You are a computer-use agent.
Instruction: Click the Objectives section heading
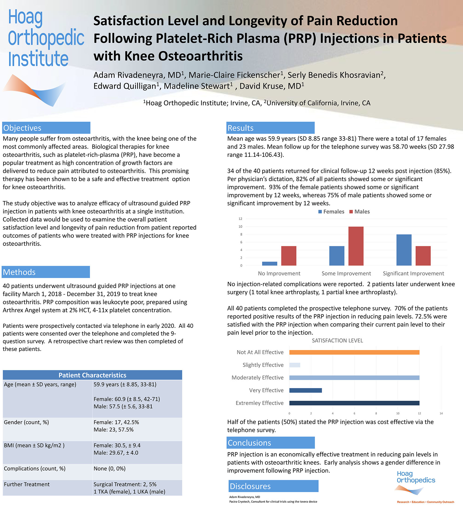(22, 128)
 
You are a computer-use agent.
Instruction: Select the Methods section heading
(19, 272)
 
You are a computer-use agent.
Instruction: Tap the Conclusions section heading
(249, 443)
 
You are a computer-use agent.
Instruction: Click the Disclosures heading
(250, 486)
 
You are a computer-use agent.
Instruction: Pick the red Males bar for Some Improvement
(356, 246)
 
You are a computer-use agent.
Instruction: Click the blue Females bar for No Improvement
(270, 264)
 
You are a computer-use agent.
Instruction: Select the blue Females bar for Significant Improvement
(404, 250)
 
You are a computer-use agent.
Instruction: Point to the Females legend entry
(331, 212)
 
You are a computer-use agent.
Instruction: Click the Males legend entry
(359, 212)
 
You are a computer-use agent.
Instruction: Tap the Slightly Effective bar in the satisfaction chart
(295, 365)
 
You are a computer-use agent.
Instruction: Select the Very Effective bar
(306, 390)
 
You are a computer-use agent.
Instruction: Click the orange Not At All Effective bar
(354, 352)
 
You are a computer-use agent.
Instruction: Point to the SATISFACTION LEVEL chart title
(337, 341)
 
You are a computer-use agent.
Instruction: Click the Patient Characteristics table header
(92, 375)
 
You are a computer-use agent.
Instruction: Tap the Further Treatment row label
(27, 484)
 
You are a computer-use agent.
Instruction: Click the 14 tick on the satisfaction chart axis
(441, 414)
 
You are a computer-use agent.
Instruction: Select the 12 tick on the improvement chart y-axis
(240, 219)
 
